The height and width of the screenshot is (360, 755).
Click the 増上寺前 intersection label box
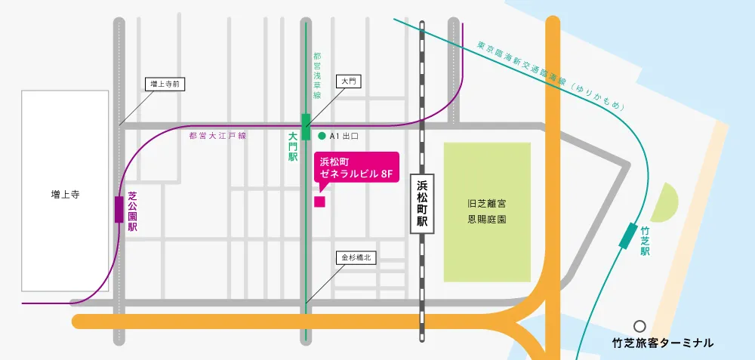coord(165,85)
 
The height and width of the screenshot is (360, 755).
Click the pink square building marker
coord(319,202)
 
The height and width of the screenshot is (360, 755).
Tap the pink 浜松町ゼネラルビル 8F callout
coord(355,168)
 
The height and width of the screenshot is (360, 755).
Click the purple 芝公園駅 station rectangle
coord(119,209)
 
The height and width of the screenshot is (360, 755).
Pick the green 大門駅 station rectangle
coord(306,126)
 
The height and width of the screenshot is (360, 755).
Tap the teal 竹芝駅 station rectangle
coord(627,235)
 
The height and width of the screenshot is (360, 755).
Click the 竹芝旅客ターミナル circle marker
coord(639,326)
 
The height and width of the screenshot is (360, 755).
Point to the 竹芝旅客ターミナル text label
coord(662,343)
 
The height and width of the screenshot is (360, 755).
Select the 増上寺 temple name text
coord(65,195)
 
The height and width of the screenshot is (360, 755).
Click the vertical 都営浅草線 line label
coord(317,75)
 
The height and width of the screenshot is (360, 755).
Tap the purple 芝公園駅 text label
coord(132,211)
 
